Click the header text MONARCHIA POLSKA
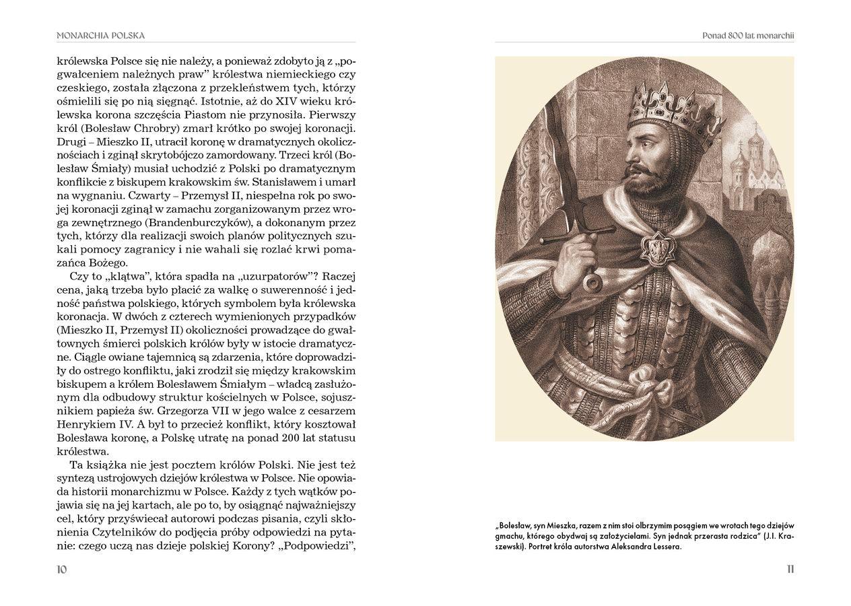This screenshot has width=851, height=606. point(100,35)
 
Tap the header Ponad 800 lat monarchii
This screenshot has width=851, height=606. point(747,35)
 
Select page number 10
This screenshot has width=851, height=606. point(62,569)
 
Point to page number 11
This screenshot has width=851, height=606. point(790,569)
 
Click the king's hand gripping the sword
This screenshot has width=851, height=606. point(574,257)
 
